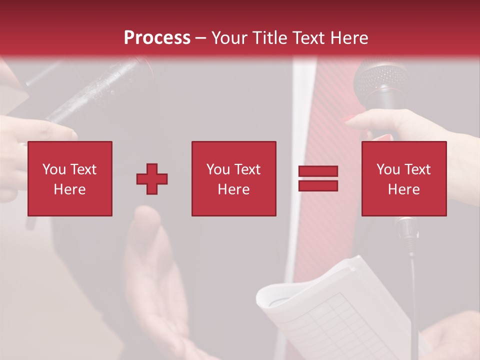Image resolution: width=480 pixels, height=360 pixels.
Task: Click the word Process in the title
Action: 157,37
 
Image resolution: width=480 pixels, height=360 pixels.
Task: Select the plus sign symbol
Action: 152,179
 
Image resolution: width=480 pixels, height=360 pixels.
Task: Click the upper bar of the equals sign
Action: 318,171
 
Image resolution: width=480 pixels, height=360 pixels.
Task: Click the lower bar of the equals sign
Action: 318,186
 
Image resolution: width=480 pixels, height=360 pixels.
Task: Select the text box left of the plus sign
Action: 70,178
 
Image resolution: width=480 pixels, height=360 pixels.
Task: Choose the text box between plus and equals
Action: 233,178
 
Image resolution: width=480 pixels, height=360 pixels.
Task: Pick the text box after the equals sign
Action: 404,178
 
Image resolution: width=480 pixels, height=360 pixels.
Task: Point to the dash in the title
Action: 201,38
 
